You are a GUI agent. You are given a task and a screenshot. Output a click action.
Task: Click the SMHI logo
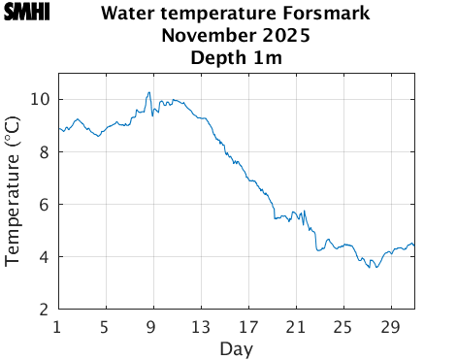(x=27, y=13)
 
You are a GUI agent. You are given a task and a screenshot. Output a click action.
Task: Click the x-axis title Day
(x=236, y=348)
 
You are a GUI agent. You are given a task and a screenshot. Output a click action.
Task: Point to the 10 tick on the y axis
(x=40, y=100)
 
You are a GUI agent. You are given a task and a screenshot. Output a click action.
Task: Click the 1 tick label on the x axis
(x=58, y=326)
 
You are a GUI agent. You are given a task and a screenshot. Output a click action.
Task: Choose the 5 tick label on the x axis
(x=105, y=326)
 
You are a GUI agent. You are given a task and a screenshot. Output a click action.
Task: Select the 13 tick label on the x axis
(x=200, y=326)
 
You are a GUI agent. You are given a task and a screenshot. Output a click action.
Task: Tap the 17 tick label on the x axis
(x=247, y=326)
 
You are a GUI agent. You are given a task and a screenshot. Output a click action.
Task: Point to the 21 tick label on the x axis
(x=295, y=326)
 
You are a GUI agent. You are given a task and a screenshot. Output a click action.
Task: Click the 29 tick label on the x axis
(x=390, y=326)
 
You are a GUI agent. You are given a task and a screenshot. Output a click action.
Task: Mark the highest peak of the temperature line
(x=148, y=92)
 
